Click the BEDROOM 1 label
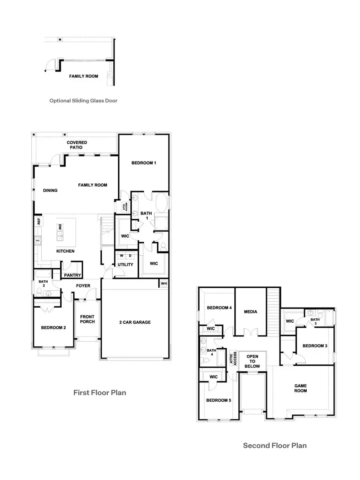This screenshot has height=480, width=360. click(x=144, y=163)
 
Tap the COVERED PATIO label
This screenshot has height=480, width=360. click(x=77, y=145)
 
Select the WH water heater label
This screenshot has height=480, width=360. click(x=164, y=284)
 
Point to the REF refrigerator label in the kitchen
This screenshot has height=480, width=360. click(x=39, y=220)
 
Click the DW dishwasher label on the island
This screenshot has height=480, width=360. click(x=60, y=227)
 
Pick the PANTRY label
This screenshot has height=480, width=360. click(x=72, y=275)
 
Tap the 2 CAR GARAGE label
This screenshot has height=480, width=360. click(x=135, y=322)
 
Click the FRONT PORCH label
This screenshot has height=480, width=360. click(x=87, y=319)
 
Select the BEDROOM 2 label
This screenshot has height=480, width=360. click(x=53, y=328)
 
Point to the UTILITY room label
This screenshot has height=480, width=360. click(x=125, y=264)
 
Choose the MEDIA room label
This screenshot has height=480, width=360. click(x=250, y=312)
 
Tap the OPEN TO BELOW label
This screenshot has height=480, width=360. click(x=253, y=361)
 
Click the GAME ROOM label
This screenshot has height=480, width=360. click(x=300, y=388)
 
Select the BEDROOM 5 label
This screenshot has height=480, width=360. click(x=219, y=400)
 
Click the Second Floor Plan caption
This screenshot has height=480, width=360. click(x=275, y=445)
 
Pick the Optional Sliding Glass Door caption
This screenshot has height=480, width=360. click(x=83, y=101)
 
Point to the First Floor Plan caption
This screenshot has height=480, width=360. click(x=100, y=392)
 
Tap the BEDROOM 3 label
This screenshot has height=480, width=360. click(x=315, y=346)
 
